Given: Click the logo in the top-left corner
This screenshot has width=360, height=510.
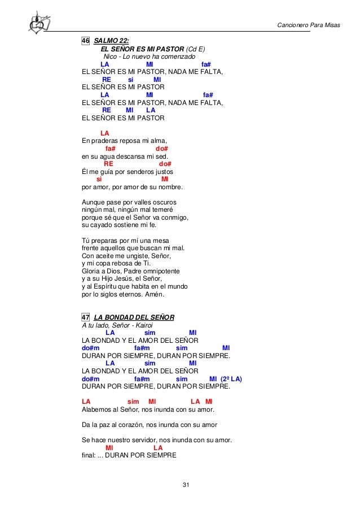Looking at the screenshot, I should tap(39, 23).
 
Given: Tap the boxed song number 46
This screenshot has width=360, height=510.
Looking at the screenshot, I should tap(86, 41).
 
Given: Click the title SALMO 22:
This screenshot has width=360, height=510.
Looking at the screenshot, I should tap(111, 41).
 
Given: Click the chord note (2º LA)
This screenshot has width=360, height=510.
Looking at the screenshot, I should tap(234, 379).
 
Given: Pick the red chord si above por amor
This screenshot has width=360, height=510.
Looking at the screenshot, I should tap(91, 180).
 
